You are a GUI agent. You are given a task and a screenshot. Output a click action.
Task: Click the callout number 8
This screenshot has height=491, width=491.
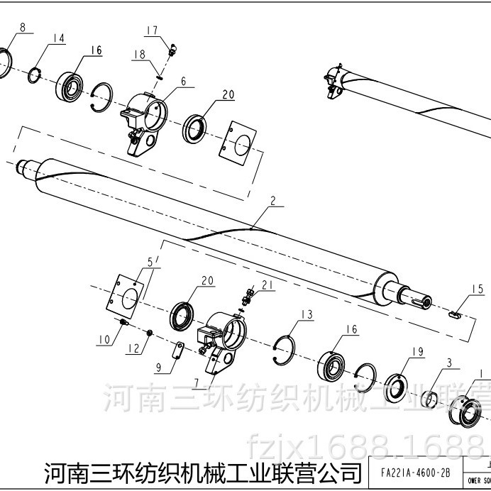[23, 28]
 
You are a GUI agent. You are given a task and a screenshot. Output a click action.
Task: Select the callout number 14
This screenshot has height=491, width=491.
[58, 38]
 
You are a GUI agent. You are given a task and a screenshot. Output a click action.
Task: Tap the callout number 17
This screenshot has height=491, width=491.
[152, 30]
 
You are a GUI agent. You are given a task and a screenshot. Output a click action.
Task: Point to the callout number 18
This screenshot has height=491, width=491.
[139, 54]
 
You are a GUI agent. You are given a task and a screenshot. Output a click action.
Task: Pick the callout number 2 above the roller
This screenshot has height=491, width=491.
[272, 202]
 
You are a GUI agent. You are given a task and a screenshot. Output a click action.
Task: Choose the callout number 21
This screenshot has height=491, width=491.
[267, 285]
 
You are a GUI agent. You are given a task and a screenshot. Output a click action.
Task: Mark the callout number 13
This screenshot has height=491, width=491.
[306, 314]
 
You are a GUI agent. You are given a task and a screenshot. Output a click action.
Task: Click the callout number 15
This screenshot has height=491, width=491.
[478, 289]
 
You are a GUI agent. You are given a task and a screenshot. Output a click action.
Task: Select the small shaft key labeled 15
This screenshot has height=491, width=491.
[457, 311]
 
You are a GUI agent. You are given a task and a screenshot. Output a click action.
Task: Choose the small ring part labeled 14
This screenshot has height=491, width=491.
[34, 75]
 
